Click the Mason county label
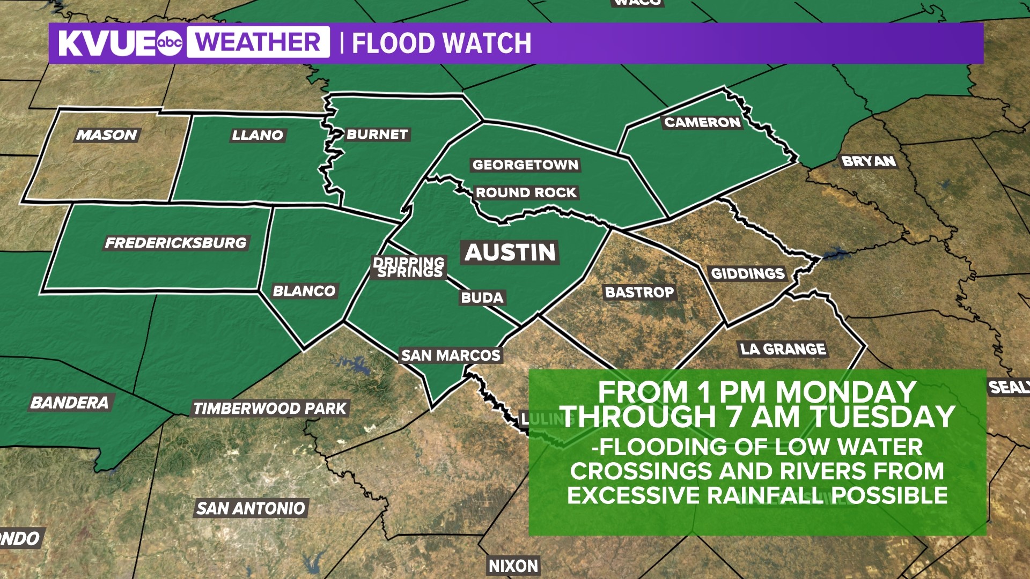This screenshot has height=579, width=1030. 107,135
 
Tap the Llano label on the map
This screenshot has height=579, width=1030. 257,135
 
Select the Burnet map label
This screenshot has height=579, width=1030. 377,134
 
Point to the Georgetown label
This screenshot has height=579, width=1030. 525,165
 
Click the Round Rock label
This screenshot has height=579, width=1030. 526,192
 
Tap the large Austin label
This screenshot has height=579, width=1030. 510,252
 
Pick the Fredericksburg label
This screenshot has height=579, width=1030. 176,243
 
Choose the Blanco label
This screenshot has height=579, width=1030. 304,291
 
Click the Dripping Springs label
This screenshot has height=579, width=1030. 409,268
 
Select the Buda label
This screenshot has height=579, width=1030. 482,298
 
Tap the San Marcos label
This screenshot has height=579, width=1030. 451,355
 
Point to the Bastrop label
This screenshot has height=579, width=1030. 639,292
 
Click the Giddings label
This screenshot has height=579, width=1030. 748,273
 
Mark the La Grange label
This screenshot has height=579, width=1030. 783,349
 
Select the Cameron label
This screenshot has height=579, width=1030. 702,122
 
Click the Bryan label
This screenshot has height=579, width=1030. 869,161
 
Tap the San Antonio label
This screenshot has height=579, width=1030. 251,508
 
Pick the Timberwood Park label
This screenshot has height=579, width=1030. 270,409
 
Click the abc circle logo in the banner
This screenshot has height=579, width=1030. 170,43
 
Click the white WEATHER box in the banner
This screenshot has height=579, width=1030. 258,42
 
